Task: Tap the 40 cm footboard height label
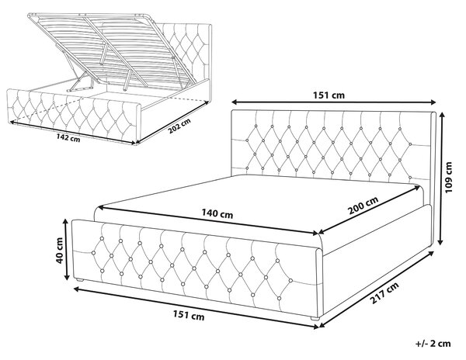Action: pyautogui.click(x=59, y=249)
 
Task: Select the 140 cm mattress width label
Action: pyautogui.click(x=217, y=213)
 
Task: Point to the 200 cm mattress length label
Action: pyautogui.click(x=363, y=205)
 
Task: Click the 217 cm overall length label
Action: pyautogui.click(x=384, y=293)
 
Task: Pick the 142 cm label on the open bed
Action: pyautogui.click(x=68, y=137)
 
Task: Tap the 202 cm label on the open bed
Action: pyautogui.click(x=179, y=126)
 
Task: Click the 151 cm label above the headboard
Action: pyautogui.click(x=329, y=95)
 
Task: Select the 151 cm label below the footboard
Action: pyautogui.click(x=189, y=316)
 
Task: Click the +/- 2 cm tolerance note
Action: pyautogui.click(x=433, y=344)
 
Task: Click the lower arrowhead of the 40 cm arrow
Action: pyautogui.click(x=67, y=277)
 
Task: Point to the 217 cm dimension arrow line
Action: pyautogui.click(x=376, y=289)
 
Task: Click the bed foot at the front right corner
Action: pyautogui.click(x=315, y=319)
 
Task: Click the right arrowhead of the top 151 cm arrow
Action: pyautogui.click(x=433, y=102)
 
